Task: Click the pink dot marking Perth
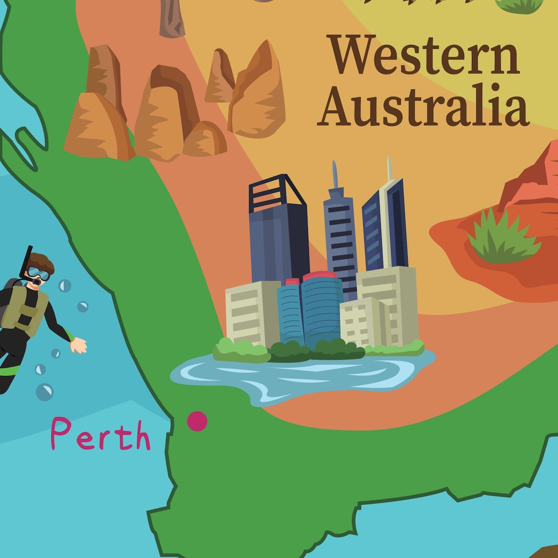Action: [197, 421]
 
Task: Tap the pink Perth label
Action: [100, 434]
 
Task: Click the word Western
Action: [423, 55]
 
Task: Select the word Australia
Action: [423, 106]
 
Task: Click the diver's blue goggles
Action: [39, 273]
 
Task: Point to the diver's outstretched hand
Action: [78, 345]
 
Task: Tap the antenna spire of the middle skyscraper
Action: [335, 174]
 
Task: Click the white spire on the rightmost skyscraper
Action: [390, 168]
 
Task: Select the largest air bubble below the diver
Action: [45, 392]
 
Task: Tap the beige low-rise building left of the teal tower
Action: [252, 313]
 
